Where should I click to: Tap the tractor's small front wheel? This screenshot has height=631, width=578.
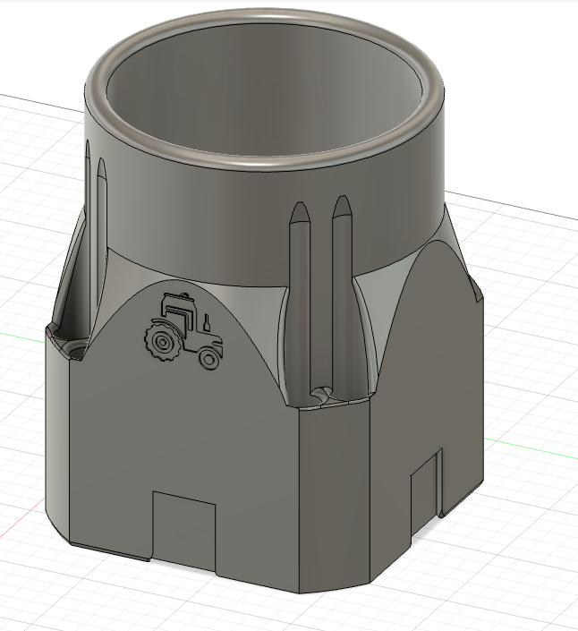(208, 358)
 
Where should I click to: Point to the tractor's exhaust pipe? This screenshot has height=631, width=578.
(206, 320)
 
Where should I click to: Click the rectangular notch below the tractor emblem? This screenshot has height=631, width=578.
(184, 528)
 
